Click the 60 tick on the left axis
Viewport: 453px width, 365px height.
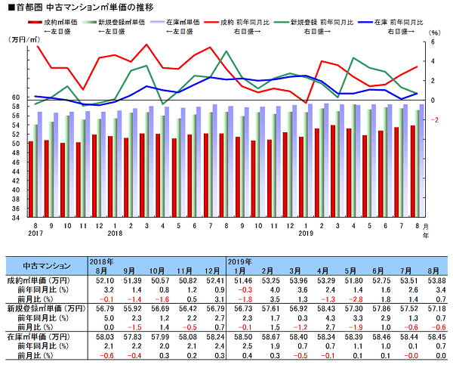17,97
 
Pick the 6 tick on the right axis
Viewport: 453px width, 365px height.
434,42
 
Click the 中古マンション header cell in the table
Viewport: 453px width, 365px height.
46,265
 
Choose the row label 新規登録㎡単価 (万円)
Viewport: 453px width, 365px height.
47,308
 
